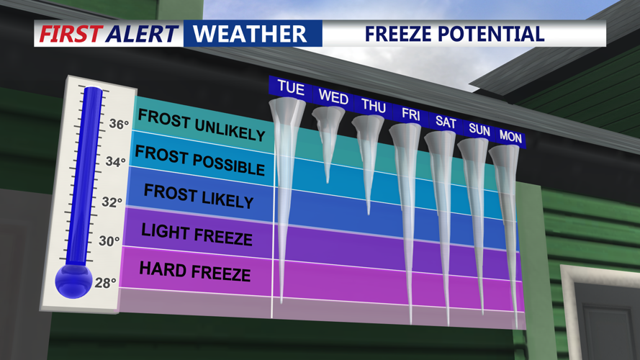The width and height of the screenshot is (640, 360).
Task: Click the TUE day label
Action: [x=291, y=88]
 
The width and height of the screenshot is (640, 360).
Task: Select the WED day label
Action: [x=333, y=96]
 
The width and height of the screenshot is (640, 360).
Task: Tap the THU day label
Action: [x=374, y=106]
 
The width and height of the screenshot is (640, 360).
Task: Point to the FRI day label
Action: [x=411, y=114]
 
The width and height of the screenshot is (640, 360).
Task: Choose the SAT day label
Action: [x=446, y=122]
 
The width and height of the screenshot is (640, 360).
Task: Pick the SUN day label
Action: [x=479, y=130]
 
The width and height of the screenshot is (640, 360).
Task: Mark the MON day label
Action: [x=510, y=137]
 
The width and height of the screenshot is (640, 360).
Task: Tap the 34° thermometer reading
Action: [x=116, y=162]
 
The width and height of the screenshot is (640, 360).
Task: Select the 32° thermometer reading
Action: [x=112, y=202]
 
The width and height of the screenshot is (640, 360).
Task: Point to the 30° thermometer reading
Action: [x=109, y=241]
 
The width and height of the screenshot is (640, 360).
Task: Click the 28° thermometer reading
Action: [x=106, y=283]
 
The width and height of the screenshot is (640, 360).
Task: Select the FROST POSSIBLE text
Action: [x=200, y=160]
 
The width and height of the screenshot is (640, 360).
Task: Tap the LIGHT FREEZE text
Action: [x=197, y=234]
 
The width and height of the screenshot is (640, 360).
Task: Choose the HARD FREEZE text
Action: [x=194, y=271]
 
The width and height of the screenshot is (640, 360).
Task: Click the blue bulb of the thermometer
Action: [x=73, y=279]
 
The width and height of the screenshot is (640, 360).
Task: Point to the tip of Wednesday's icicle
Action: [x=328, y=181]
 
